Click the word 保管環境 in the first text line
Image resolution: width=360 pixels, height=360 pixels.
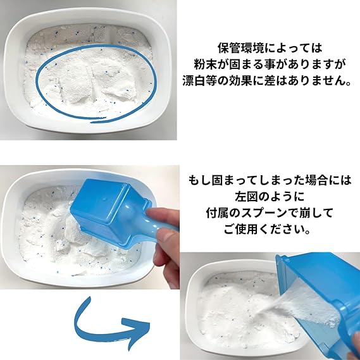click(x=240, y=48)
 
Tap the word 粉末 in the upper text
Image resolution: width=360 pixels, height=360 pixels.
click(x=205, y=65)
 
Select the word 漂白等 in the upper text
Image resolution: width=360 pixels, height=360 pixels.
click(x=199, y=80)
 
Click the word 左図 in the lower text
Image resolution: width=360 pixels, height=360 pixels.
click(x=246, y=197)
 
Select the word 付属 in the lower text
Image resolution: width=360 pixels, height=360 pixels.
click(x=217, y=213)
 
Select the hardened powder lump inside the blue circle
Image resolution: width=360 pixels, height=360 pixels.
click(x=96, y=84)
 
